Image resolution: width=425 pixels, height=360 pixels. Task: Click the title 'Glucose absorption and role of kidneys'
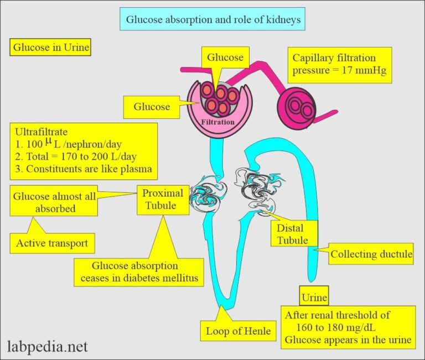[x=212, y=19]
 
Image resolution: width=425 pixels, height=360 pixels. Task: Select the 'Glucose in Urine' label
[x=50, y=48]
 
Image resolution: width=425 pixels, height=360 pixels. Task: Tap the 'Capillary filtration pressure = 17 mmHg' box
[x=339, y=64]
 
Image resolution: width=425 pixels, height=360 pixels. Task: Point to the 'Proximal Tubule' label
[x=159, y=200]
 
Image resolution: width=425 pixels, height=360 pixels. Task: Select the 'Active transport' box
[x=52, y=243]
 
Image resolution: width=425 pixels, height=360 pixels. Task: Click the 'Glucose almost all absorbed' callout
[x=54, y=202]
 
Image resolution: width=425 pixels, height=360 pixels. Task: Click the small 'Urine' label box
[x=314, y=297]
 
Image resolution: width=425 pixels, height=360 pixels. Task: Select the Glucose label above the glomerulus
[x=225, y=58]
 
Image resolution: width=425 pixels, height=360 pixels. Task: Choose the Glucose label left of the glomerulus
[x=152, y=107]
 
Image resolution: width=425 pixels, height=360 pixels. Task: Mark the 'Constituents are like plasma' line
[x=83, y=169]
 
